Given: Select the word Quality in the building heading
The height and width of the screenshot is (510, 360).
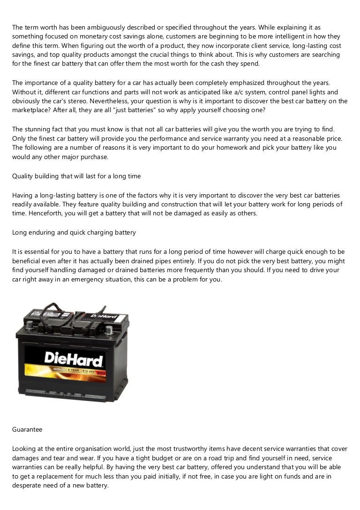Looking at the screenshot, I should click(22, 176).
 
